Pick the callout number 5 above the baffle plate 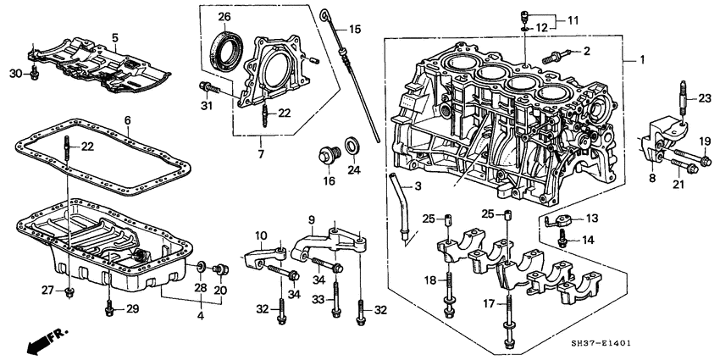pos(116,36)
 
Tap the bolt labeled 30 pos(34,76)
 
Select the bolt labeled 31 pos(207,86)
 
